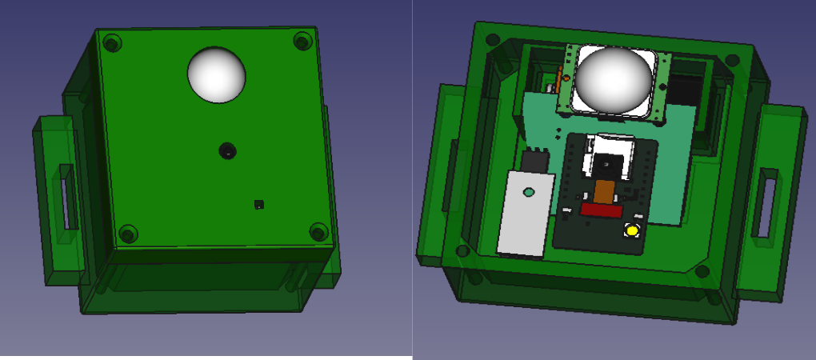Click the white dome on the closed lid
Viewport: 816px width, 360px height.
(x=217, y=74)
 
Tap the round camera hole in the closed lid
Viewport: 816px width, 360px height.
(x=228, y=150)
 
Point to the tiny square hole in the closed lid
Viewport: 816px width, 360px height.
(x=258, y=204)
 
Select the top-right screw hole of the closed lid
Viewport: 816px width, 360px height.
(x=302, y=41)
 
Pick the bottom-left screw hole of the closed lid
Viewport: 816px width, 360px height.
(x=128, y=234)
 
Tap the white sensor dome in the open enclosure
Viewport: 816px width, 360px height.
(x=614, y=78)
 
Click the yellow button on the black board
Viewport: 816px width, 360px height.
(x=632, y=231)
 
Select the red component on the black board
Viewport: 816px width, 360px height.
(x=601, y=210)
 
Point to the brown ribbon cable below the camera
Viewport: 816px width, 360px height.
(x=603, y=191)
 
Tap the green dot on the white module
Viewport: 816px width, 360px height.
(x=528, y=192)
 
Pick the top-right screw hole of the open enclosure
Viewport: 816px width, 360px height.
(x=732, y=59)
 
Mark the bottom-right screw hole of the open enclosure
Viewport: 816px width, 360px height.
(x=702, y=271)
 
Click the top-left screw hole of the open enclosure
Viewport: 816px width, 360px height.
(x=494, y=38)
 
